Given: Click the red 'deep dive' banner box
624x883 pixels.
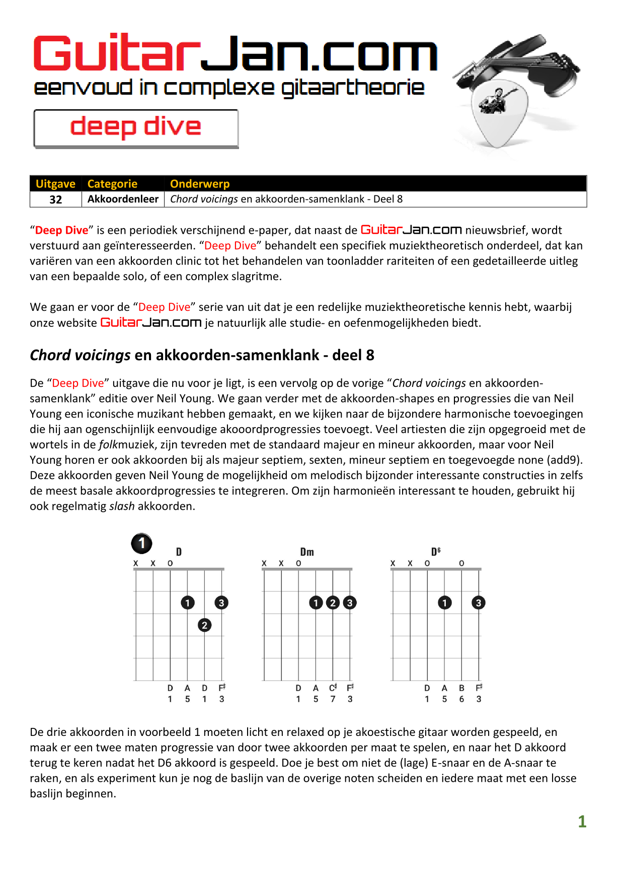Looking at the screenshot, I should (136, 128).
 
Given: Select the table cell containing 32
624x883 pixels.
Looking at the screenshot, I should (55, 199).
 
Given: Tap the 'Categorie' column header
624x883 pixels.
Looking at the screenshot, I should (112, 184).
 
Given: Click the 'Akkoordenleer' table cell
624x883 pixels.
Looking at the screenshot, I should (123, 199).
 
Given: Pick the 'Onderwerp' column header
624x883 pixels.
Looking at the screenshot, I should (200, 184).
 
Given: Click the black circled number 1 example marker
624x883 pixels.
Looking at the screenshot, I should (142, 544).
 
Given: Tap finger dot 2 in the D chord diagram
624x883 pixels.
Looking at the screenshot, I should (204, 625).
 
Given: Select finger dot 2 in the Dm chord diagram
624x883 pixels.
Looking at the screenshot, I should (333, 602).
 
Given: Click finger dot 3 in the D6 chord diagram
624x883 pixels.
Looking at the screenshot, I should (479, 602).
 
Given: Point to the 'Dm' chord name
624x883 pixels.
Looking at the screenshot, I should (307, 552).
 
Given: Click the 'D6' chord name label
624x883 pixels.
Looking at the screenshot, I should (436, 552).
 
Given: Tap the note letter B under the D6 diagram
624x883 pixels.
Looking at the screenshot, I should (461, 688).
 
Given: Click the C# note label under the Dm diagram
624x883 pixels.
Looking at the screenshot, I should (333, 688).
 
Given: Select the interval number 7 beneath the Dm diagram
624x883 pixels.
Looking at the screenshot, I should (333, 699).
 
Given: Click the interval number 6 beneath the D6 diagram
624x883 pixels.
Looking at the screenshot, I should (461, 699).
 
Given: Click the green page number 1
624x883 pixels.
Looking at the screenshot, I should (582, 822).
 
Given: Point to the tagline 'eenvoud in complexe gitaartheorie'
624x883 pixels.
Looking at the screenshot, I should (229, 88).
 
